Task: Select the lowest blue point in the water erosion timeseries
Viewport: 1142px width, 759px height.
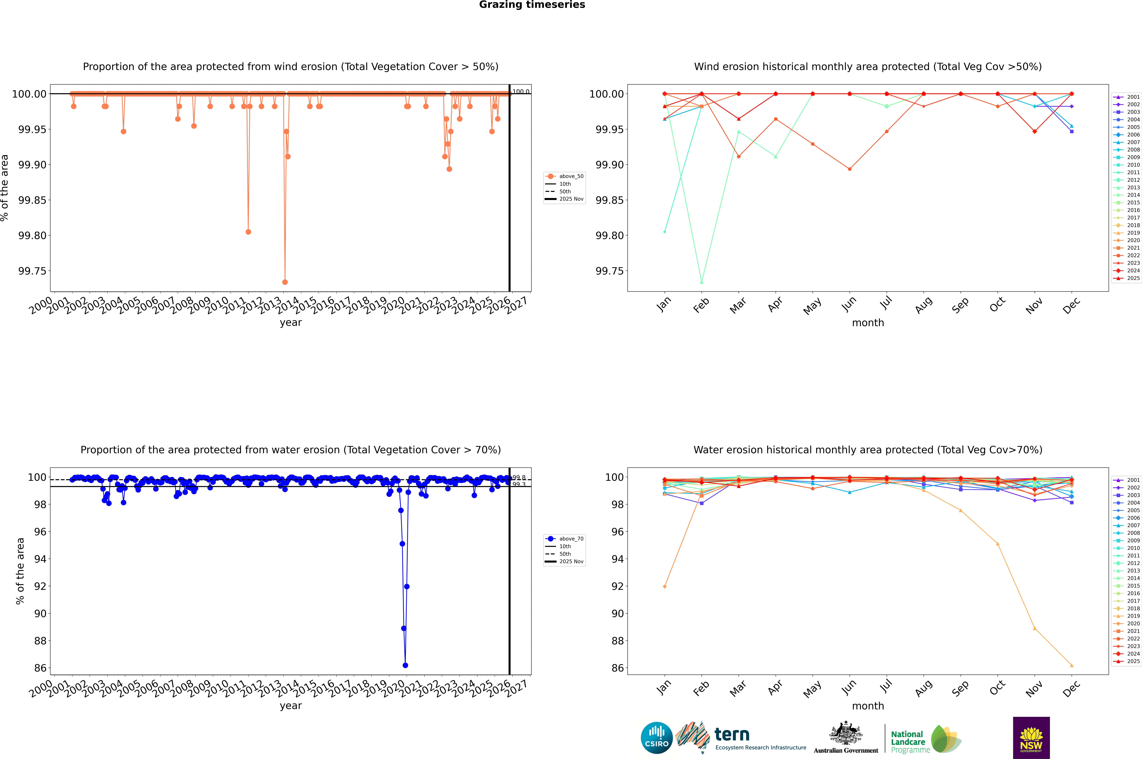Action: click(x=405, y=665)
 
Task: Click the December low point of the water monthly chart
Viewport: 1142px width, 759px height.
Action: click(x=1071, y=665)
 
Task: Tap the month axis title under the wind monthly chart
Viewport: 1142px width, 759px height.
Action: click(x=867, y=323)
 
